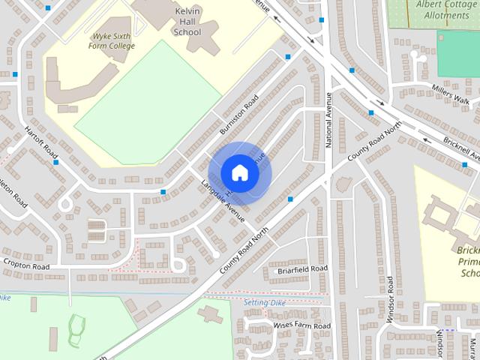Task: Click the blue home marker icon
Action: (x=240, y=172)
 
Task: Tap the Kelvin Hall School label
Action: (x=187, y=22)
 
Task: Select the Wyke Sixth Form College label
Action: (x=113, y=40)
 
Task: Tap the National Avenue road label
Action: (x=328, y=120)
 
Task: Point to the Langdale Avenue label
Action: (x=223, y=201)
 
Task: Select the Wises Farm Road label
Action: (x=301, y=326)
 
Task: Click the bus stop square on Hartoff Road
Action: (x=56, y=162)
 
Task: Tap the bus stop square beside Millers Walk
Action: (x=371, y=112)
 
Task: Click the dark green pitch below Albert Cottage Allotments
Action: (x=458, y=54)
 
